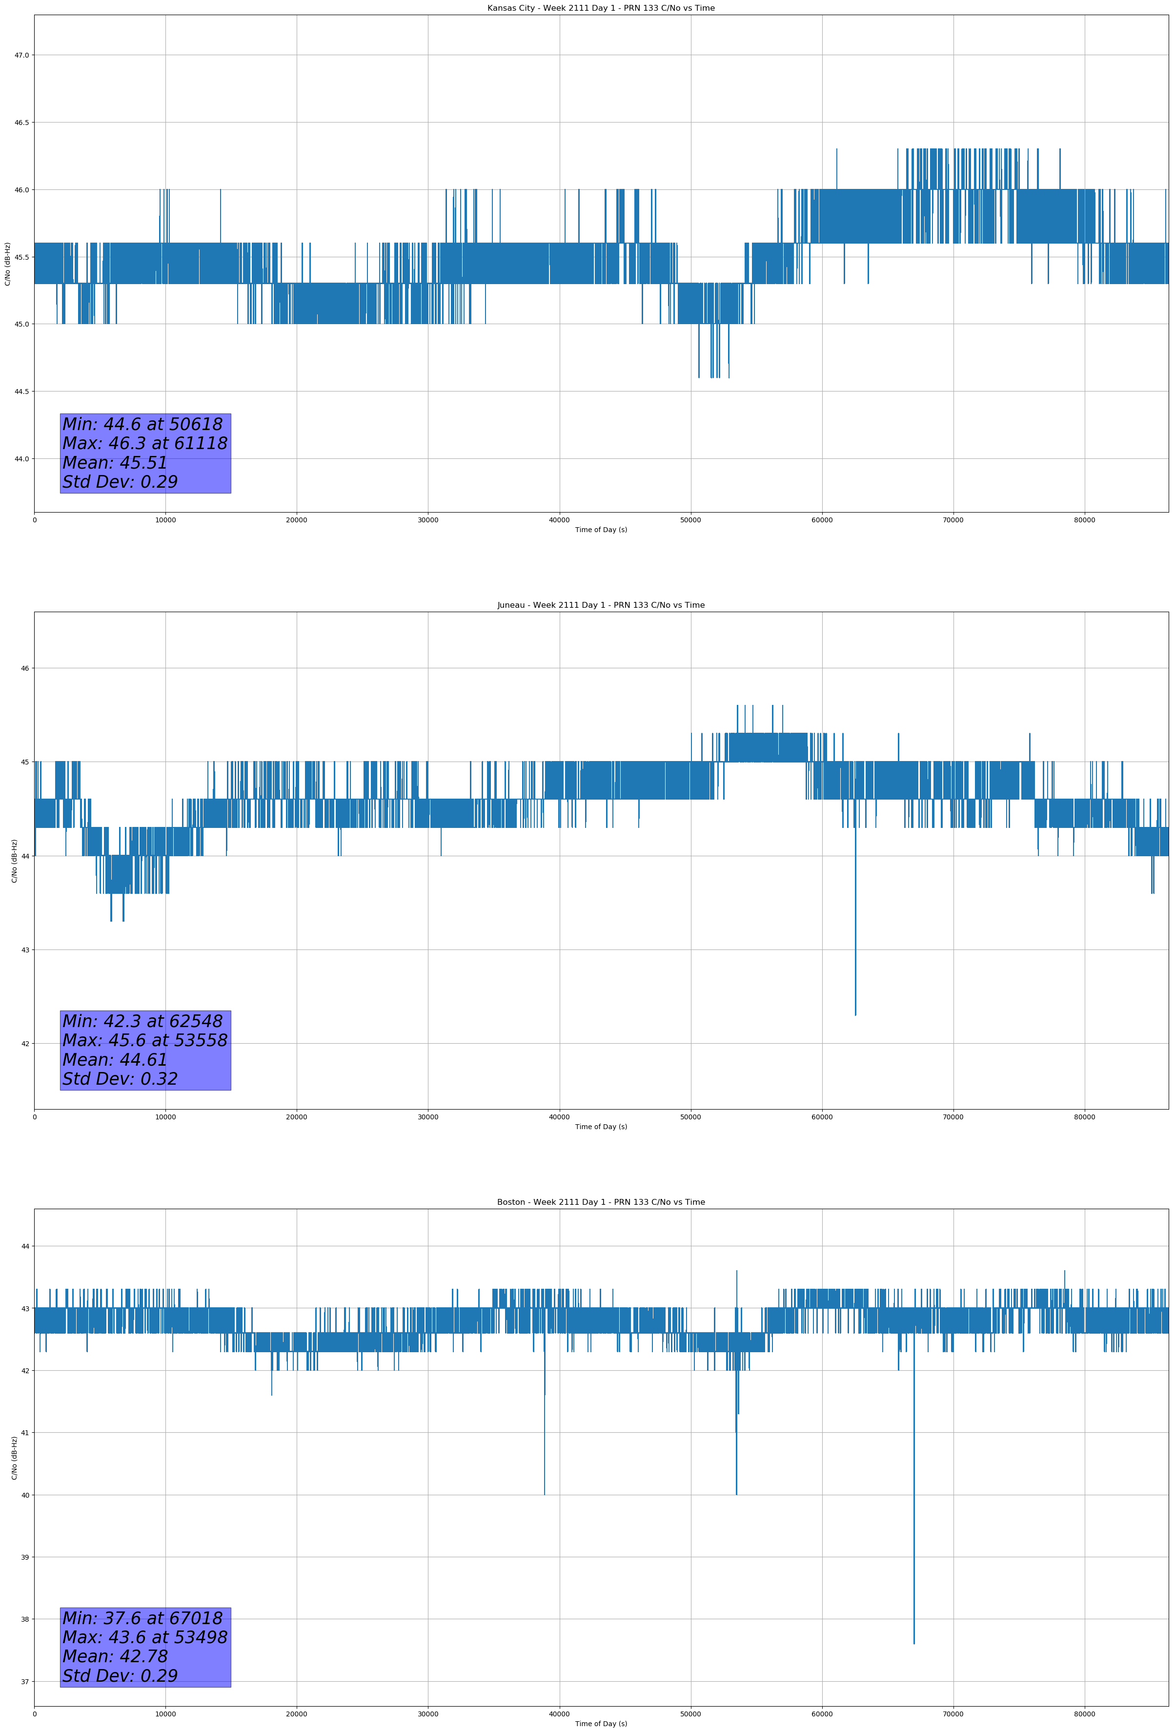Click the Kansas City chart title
point(601,8)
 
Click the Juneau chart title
point(601,605)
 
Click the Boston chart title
point(601,1202)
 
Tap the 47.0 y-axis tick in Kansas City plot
point(21,55)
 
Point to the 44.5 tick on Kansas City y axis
point(21,392)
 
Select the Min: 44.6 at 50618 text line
point(142,424)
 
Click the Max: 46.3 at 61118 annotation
point(144,443)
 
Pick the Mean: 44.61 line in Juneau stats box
point(115,1060)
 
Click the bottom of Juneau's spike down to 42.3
point(855,1014)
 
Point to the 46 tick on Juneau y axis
point(25,668)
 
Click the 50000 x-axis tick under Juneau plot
point(690,1117)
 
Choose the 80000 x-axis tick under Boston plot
point(1084,1714)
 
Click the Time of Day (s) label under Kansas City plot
point(601,530)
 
